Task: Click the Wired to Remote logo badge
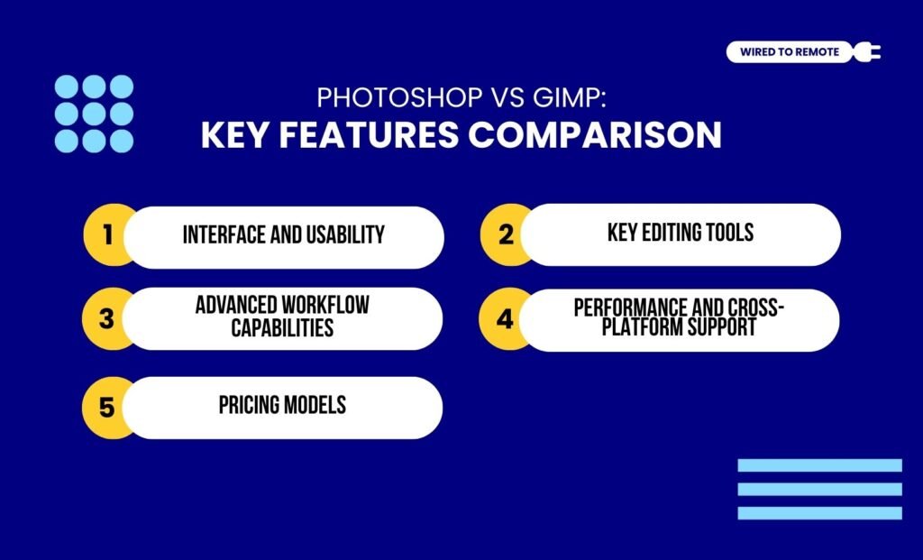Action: click(789, 52)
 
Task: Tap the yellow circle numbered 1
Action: click(107, 236)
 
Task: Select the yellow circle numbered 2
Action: click(505, 235)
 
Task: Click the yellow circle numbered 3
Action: click(106, 318)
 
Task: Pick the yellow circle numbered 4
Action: click(504, 320)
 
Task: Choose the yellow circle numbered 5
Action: click(106, 408)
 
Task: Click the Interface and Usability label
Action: click(283, 235)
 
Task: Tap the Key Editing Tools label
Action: click(681, 234)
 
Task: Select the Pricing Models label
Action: click(282, 406)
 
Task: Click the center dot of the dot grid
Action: click(94, 114)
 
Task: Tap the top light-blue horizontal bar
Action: click(819, 465)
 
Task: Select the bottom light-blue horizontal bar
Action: click(819, 513)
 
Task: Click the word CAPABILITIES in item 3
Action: click(282, 327)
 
